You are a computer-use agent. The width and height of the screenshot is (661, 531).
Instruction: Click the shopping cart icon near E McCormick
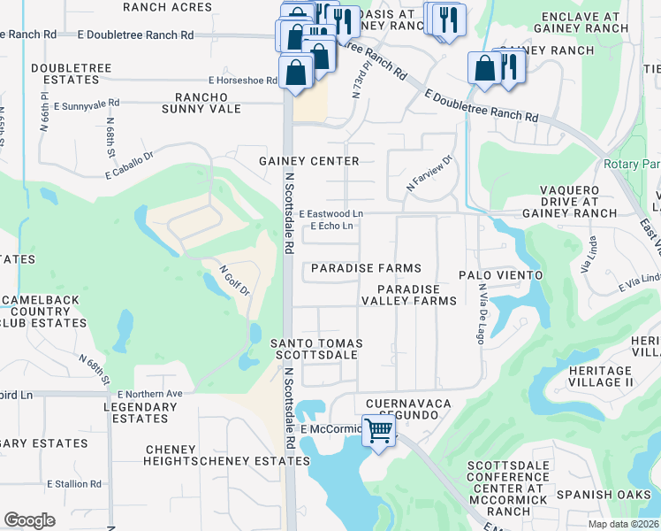click(x=379, y=432)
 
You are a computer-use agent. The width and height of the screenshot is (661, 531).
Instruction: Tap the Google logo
click(x=29, y=520)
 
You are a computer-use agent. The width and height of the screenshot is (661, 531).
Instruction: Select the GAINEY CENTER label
click(x=308, y=161)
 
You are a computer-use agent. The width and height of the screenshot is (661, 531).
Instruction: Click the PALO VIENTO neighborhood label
click(x=500, y=275)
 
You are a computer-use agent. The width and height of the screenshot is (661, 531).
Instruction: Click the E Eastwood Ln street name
click(x=330, y=214)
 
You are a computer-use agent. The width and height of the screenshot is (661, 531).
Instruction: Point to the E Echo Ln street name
click(x=331, y=227)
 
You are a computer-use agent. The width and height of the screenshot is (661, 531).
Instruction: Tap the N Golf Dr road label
click(x=234, y=280)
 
